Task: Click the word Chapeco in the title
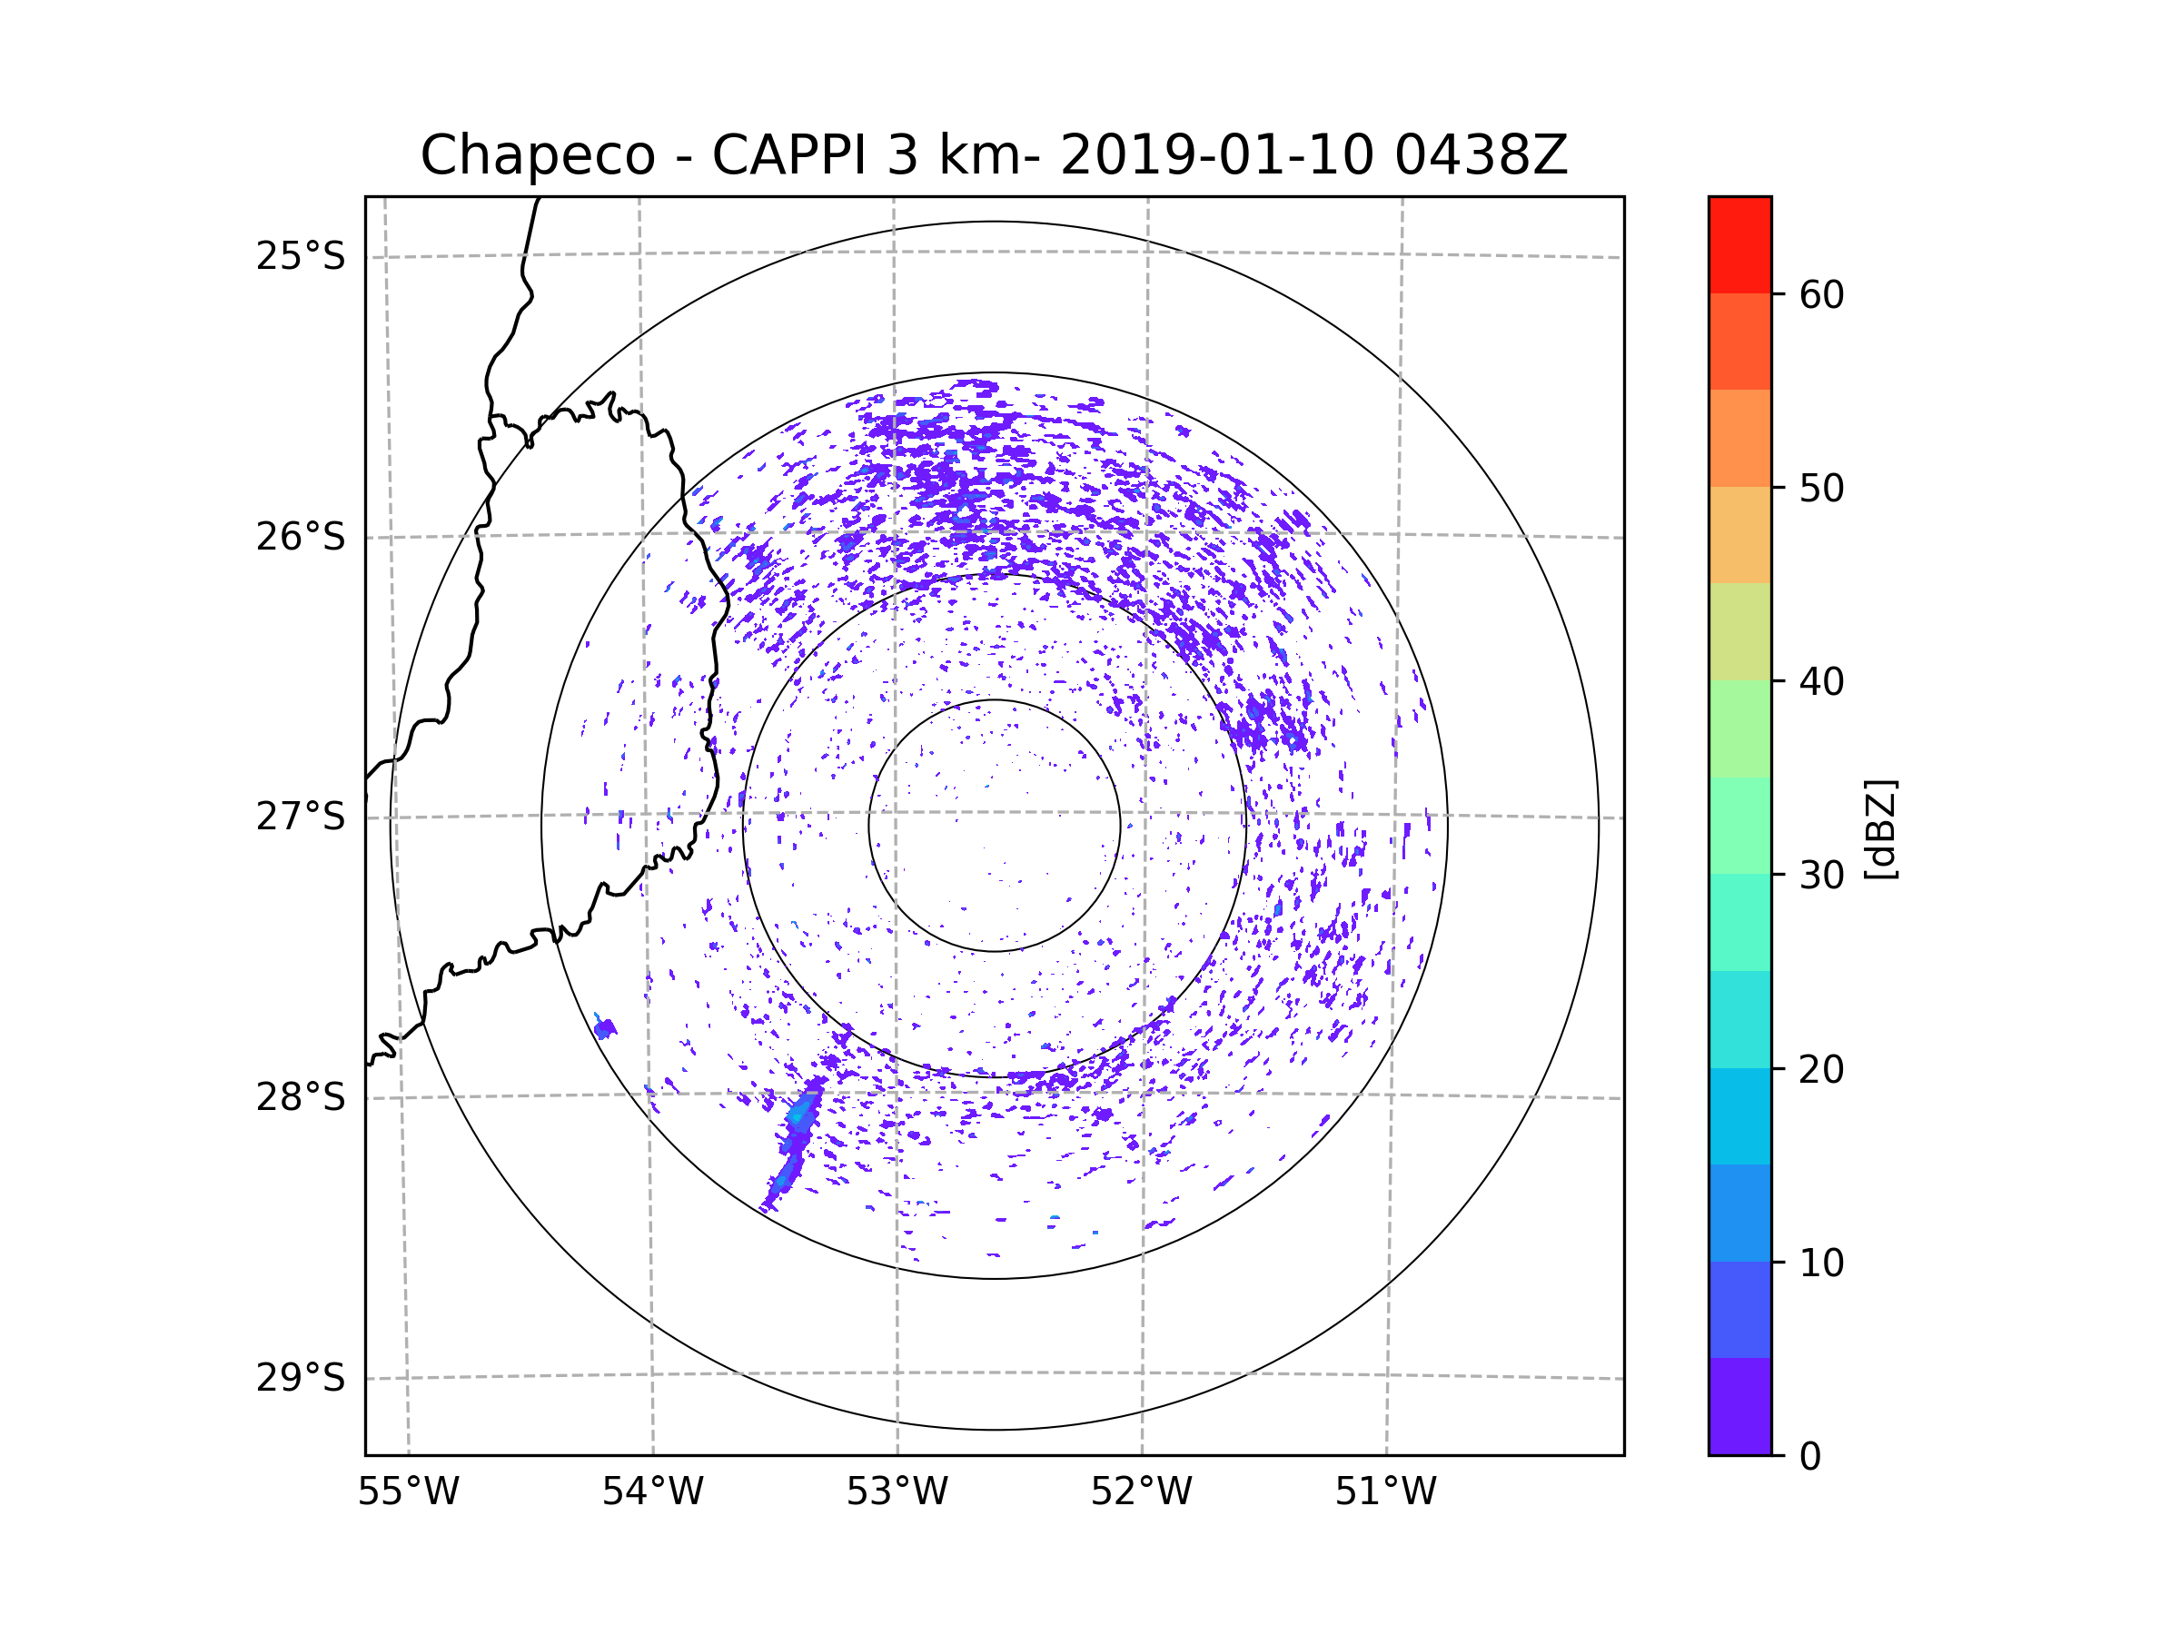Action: pyautogui.click(x=538, y=155)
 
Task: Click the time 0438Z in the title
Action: pyautogui.click(x=1481, y=155)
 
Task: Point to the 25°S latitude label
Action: pyautogui.click(x=301, y=256)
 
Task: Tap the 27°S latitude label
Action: pyautogui.click(x=301, y=817)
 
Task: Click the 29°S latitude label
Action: pyautogui.click(x=301, y=1378)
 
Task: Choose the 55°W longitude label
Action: pyautogui.click(x=408, y=1492)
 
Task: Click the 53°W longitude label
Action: pyautogui.click(x=897, y=1492)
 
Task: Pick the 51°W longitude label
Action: pyautogui.click(x=1385, y=1492)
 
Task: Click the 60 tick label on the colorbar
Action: pyautogui.click(x=1821, y=294)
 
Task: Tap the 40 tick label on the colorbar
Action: pyautogui.click(x=1821, y=682)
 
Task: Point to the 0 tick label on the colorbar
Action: pyautogui.click(x=1810, y=1457)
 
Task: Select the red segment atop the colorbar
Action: pyautogui.click(x=1739, y=245)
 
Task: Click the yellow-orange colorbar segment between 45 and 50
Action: pyautogui.click(x=1739, y=535)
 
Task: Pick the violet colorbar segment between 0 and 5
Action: pyautogui.click(x=1739, y=1406)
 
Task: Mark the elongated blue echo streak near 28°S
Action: pyautogui.click(x=792, y=1144)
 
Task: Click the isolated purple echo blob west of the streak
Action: pyautogui.click(x=605, y=1029)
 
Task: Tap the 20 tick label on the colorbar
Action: pyautogui.click(x=1821, y=1069)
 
